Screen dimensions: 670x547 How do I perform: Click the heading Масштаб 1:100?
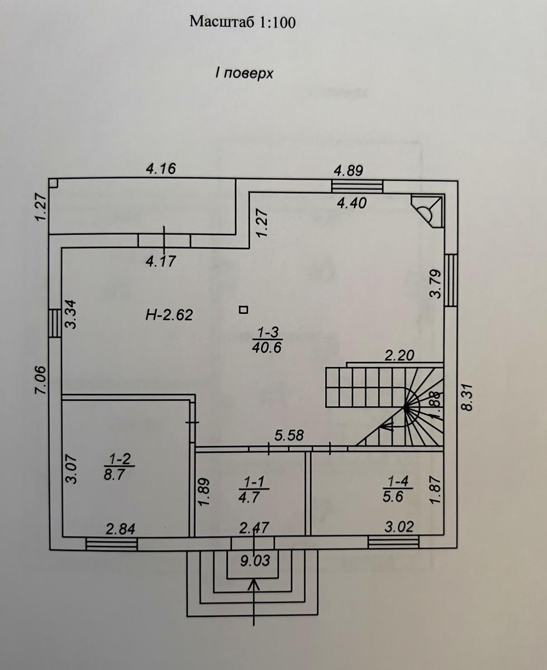pyautogui.click(x=242, y=22)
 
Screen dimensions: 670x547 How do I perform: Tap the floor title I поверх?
pyautogui.click(x=244, y=73)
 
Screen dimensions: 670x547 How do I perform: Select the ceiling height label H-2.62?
pyautogui.click(x=169, y=315)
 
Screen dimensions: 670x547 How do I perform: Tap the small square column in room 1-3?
pyautogui.click(x=242, y=309)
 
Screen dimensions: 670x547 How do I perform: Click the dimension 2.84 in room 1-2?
pyautogui.click(x=121, y=528)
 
